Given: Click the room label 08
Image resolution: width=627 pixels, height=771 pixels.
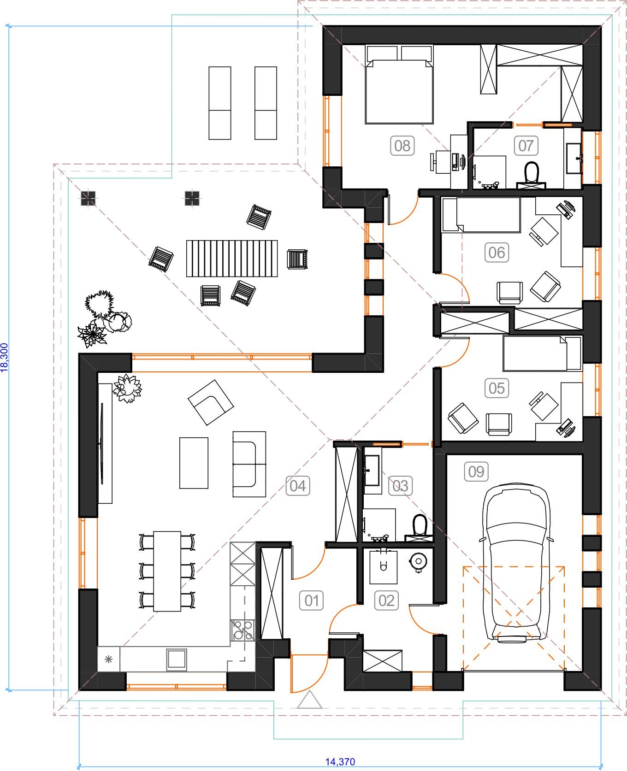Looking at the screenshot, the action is pos(402,146).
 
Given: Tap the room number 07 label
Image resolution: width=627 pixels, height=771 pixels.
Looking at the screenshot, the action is pos(526,146).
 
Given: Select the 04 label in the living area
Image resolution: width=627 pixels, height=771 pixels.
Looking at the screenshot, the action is pos(297,486).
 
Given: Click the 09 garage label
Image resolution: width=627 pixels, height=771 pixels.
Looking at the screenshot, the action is pos(476,471).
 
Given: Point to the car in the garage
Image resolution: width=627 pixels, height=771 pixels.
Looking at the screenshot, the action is pos(516,563).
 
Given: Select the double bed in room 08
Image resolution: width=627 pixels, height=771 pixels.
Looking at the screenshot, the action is pos(399,85).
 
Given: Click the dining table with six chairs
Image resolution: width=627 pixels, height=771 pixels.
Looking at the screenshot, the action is pos(167,571).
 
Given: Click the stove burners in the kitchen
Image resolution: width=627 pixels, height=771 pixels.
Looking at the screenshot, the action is pos(243,630).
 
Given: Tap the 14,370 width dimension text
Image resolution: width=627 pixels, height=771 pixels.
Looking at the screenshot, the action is pos(340,762).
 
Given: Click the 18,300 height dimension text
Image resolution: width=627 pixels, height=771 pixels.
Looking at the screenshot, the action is pos(4,357).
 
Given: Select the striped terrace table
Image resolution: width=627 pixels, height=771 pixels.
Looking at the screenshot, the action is pos(232,258).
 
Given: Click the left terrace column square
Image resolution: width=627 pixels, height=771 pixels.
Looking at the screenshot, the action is pos(88,199).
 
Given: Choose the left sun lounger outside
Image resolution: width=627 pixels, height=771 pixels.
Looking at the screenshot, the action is pos(220,103).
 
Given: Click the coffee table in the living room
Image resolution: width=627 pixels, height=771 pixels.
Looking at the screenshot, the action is pos(194,463).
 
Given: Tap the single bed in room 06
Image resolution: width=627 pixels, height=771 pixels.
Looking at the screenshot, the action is pos(481,214).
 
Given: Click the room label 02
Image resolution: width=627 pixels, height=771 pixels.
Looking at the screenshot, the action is pos(386,600).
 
